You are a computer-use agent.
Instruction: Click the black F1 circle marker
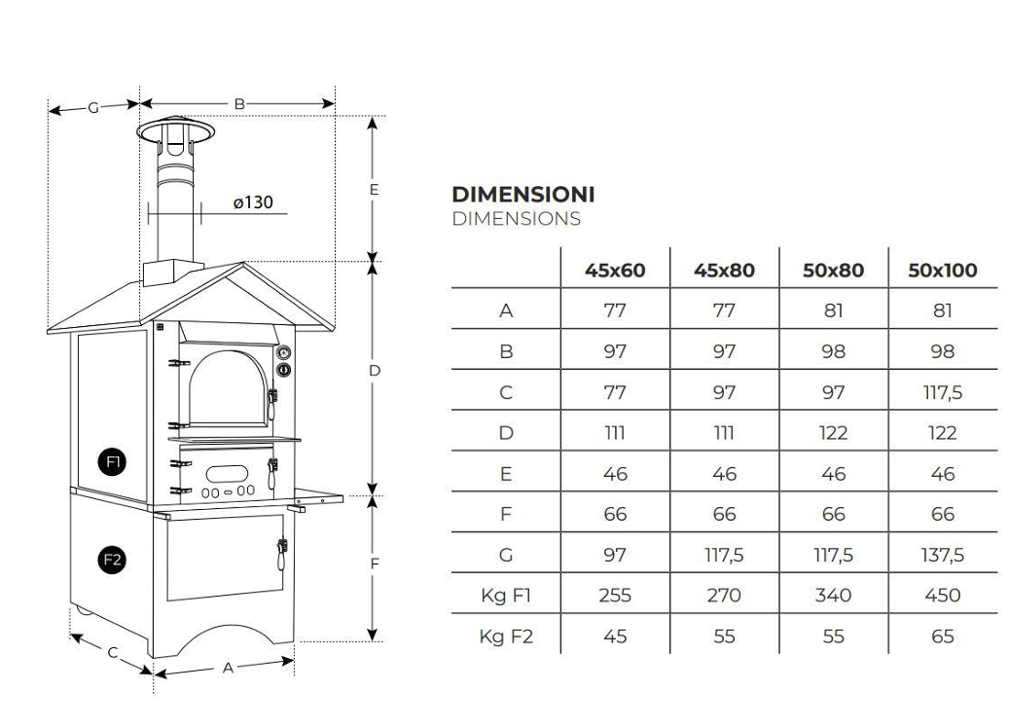[x=113, y=461]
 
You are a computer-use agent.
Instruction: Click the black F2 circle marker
[x=113, y=560]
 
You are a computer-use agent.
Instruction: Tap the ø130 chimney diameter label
[x=253, y=202]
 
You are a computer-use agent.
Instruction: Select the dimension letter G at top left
[x=93, y=107]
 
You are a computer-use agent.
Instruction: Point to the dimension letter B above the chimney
[x=239, y=103]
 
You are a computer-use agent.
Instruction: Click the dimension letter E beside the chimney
[x=374, y=189]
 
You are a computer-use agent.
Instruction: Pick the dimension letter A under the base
[x=228, y=668]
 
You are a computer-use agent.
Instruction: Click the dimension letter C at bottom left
[x=113, y=653]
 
